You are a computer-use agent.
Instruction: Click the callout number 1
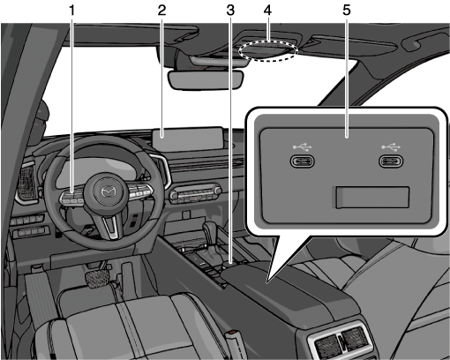click(72, 11)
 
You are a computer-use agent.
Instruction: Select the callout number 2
click(161, 11)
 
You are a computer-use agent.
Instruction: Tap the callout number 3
click(230, 11)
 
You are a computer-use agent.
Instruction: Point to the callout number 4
click(267, 11)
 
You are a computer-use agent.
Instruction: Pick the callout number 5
click(347, 11)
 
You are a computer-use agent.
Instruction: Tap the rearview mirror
click(206, 79)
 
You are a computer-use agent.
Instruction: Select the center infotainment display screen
click(188, 139)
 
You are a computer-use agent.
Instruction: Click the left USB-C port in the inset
click(303, 161)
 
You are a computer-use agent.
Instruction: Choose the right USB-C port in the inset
click(391, 161)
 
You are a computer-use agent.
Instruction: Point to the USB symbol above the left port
click(303, 146)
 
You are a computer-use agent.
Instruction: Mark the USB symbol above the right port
click(391, 146)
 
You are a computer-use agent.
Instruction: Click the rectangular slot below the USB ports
click(372, 198)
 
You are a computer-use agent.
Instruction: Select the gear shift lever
click(212, 236)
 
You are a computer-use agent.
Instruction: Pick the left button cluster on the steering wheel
click(72, 196)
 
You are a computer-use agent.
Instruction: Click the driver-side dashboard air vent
click(27, 183)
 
